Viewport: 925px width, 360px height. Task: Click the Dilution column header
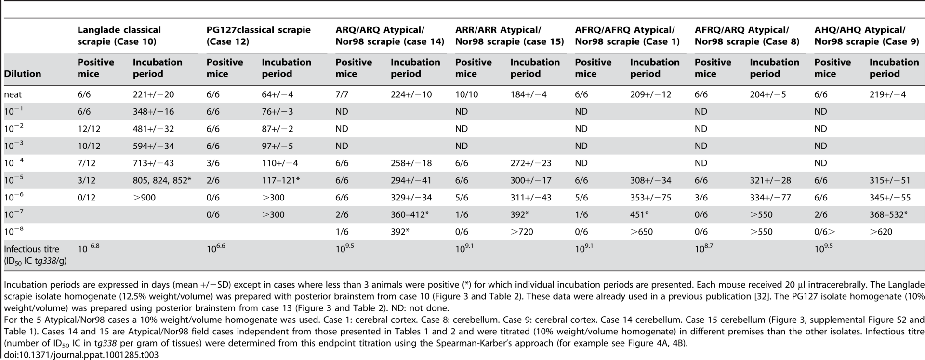tap(22, 74)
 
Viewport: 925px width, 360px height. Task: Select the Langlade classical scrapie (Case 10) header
tap(119, 36)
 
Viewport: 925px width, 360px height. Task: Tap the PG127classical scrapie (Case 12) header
tap(259, 36)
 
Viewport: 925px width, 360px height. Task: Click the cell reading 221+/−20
tap(154, 94)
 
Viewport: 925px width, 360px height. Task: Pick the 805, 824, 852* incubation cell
tap(162, 180)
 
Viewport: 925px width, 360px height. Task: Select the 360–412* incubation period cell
tap(410, 214)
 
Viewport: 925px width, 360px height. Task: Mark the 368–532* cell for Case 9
tap(889, 214)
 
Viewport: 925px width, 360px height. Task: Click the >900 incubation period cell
tap(145, 198)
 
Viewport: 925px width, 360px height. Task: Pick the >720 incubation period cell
tap(522, 232)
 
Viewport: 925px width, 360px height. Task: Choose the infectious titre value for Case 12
tap(216, 249)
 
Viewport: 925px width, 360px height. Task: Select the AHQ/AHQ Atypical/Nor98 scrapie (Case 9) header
tap(867, 36)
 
